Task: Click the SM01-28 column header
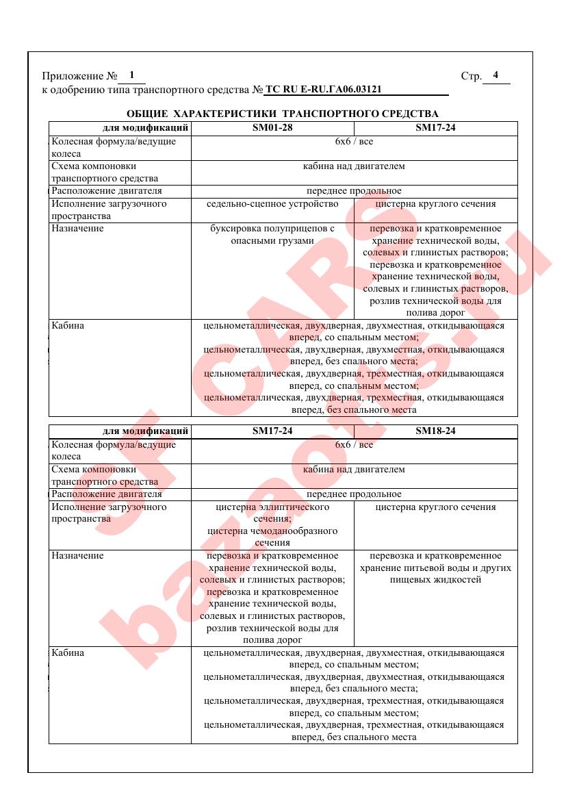(272, 128)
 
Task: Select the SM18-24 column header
(435, 431)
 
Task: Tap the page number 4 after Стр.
(496, 75)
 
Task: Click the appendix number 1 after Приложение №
(131, 75)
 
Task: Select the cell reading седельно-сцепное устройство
(272, 204)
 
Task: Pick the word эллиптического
(296, 507)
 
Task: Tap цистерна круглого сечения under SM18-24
(435, 507)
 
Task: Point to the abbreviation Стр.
(472, 76)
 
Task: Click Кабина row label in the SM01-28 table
(68, 325)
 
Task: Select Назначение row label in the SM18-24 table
(77, 556)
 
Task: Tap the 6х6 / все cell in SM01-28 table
(354, 142)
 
